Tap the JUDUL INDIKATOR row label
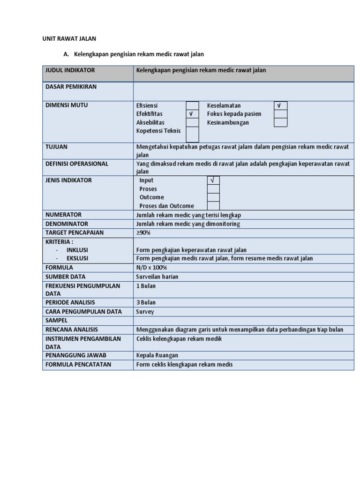[x=70, y=70]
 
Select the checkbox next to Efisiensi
[x=192, y=106]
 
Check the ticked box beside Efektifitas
[x=192, y=114]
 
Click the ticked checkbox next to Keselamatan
[x=280, y=106]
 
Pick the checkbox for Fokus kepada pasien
[x=280, y=114]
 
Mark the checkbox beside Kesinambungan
[x=280, y=123]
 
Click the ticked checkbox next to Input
[x=213, y=180]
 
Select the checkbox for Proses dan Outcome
[x=213, y=206]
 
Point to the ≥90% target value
[x=143, y=232]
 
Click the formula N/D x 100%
[x=151, y=268]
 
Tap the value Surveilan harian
[x=157, y=277]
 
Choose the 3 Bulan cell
[x=146, y=302]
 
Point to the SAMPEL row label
[x=56, y=321]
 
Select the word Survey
[x=145, y=312]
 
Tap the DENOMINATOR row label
[x=67, y=224]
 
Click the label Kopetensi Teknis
[x=158, y=131]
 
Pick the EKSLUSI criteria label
[x=77, y=258]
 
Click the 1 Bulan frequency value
[x=146, y=286]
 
